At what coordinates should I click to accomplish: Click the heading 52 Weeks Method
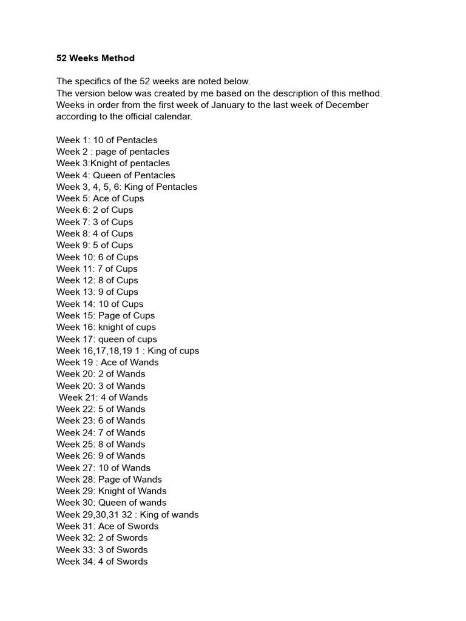95,58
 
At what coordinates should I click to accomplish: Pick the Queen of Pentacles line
115,175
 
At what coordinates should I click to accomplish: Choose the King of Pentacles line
126,187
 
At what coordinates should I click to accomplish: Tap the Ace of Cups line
100,198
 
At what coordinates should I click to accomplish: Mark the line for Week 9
95,245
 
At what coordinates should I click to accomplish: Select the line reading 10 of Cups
100,304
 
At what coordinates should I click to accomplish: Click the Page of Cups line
106,315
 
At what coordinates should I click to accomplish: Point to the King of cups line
127,351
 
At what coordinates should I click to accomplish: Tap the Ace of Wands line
107,362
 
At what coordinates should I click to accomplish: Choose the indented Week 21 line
103,397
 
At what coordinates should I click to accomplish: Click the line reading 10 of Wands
103,468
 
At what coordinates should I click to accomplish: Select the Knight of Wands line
111,491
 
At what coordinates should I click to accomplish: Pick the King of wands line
127,514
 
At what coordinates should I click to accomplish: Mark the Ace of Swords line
107,526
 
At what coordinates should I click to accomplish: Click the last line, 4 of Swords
102,561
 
